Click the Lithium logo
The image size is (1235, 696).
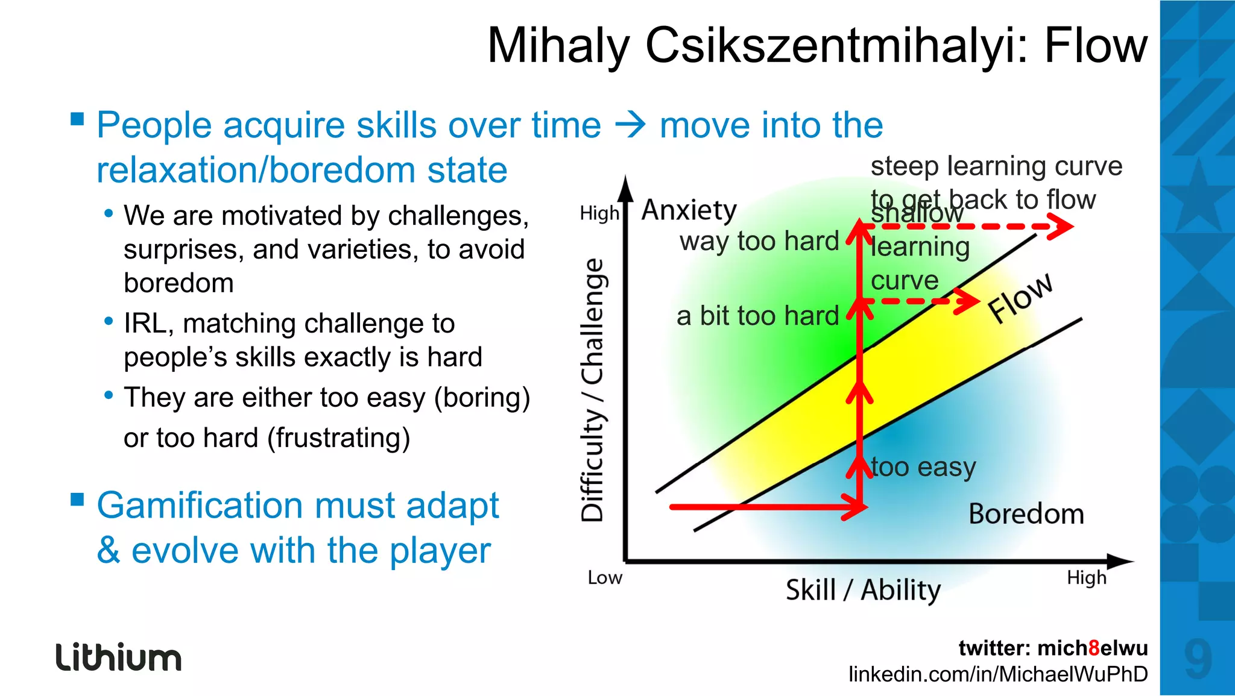[119, 657]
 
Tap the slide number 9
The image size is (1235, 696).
[1198, 659]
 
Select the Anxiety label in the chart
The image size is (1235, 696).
[689, 210]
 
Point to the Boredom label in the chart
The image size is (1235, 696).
[1026, 514]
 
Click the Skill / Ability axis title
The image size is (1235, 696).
[863, 589]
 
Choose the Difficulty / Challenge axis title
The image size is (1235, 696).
[592, 389]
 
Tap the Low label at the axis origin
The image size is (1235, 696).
[605, 578]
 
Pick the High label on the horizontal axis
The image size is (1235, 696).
[1087, 578]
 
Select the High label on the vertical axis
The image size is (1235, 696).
[599, 213]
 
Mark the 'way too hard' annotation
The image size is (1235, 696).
[759, 241]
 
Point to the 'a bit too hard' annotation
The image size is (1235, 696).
[757, 316]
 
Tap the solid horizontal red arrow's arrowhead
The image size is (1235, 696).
[857, 507]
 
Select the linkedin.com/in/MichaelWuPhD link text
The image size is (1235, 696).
[998, 674]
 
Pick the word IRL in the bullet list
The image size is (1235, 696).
[145, 324]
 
